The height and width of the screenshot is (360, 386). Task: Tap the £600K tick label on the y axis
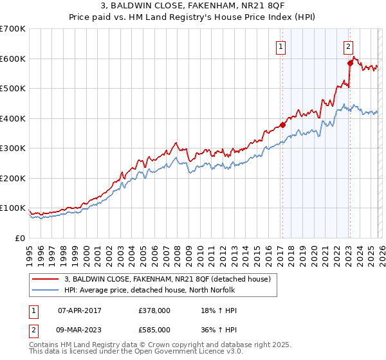13,59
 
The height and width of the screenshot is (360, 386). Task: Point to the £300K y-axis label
13,148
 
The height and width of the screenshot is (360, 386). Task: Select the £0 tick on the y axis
21,238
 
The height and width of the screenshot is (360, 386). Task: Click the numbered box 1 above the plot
282,46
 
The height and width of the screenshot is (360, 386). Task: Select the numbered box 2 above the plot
348,46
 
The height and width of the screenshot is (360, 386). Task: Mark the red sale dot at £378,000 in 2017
282,125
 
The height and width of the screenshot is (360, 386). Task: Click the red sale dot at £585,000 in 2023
350,63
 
